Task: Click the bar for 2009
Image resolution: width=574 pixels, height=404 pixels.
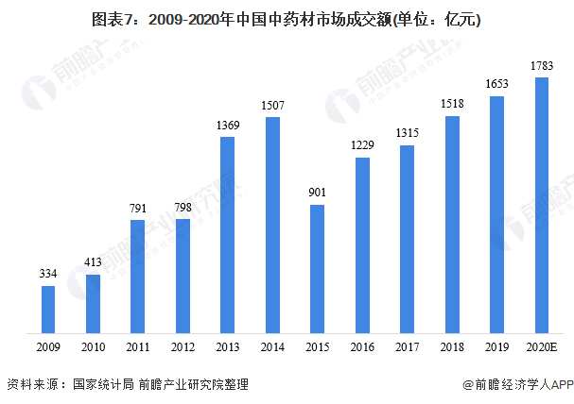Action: coord(47,309)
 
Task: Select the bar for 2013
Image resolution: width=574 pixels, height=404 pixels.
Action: coord(228,235)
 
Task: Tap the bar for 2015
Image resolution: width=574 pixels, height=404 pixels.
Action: coord(318,269)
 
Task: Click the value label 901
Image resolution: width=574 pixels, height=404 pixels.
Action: coord(318,193)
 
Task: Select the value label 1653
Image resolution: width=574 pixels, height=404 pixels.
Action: coord(497,84)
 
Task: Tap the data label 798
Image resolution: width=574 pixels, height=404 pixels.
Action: coord(183,207)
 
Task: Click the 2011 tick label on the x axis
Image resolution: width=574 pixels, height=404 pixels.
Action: coord(138,347)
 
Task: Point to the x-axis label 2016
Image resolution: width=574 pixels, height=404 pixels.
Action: coord(362,347)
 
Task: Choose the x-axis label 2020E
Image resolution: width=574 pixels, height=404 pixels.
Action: coord(542,347)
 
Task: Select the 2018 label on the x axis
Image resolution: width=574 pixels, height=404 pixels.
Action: coord(452,347)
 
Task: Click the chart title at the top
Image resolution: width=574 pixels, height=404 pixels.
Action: coord(287,19)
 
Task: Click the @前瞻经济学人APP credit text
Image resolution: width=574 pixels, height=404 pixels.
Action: coord(518,385)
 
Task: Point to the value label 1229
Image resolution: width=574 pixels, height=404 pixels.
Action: coord(362,145)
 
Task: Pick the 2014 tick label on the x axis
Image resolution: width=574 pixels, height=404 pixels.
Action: coord(272,347)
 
